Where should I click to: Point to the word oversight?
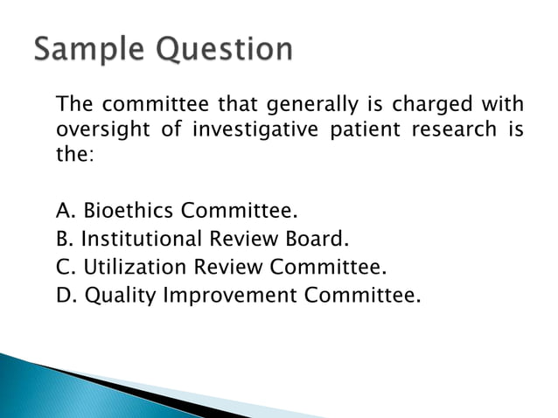97,130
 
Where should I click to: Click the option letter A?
64,211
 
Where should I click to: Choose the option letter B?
64,239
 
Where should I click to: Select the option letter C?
64,267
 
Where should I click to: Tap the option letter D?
65,295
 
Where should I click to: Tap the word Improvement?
231,296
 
